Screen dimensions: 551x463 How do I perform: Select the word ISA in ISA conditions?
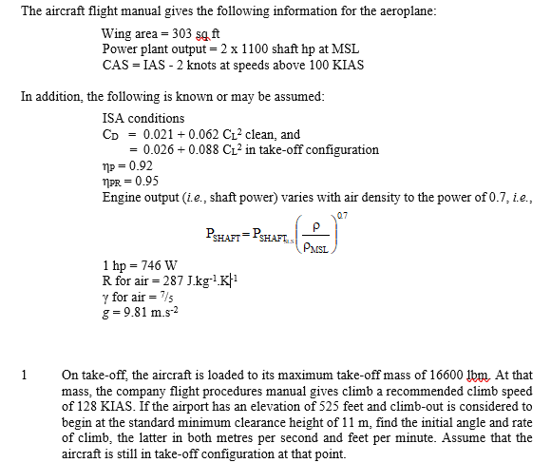113,119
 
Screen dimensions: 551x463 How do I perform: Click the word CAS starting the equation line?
116,64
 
